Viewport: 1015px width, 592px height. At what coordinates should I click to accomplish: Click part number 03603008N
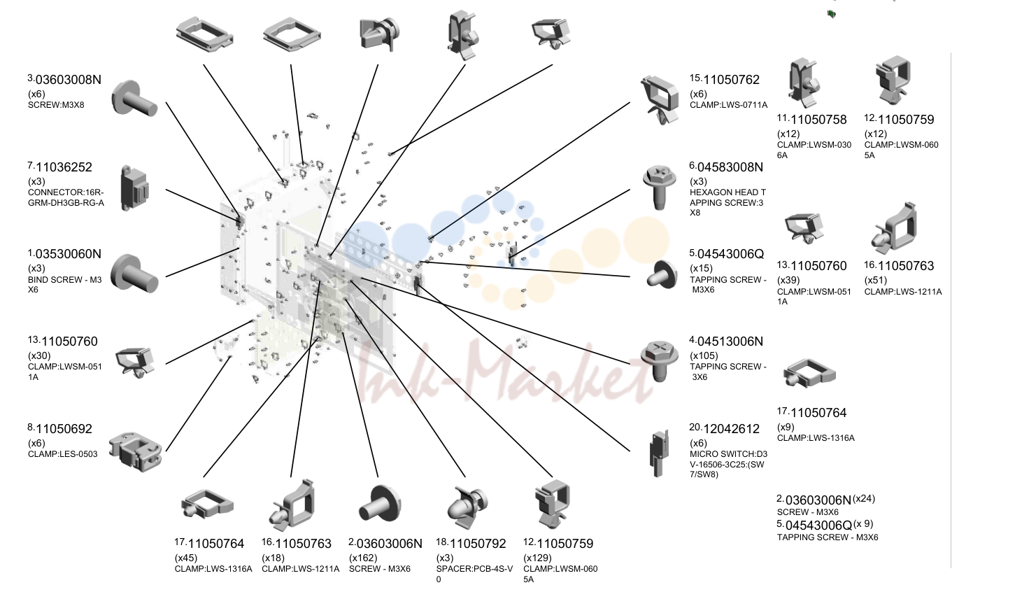69,80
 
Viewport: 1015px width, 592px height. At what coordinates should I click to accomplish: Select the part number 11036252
64,167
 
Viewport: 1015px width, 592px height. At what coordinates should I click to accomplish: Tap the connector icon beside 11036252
134,188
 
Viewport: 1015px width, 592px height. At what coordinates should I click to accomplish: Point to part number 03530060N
69,254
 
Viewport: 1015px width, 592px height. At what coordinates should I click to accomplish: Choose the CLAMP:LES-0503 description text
62,454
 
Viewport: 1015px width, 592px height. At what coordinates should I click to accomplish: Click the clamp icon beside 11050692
136,452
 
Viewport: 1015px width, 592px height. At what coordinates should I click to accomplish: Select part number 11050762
731,80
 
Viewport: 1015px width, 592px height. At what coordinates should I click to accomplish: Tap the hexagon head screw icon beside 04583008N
660,188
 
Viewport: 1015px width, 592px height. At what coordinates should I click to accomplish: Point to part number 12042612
731,429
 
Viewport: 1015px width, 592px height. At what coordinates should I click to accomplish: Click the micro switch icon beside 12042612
660,453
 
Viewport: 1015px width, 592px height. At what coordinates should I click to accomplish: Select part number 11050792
478,544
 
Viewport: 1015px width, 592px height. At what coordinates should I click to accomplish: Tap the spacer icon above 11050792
467,507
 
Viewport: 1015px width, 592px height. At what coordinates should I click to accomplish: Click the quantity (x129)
537,558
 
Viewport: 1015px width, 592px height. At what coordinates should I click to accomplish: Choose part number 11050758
818,120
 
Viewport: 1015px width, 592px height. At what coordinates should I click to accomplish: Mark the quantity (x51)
875,280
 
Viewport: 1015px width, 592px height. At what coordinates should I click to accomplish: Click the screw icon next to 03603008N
134,98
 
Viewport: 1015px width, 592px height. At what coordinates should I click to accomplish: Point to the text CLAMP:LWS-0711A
729,105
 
